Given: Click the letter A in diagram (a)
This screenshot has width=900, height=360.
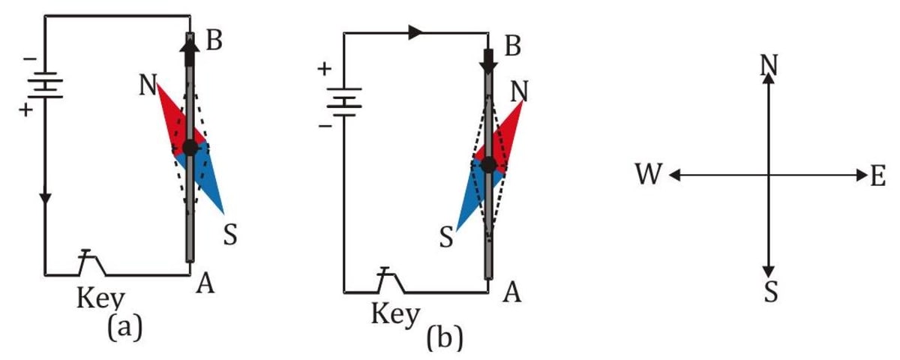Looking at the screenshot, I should [x=205, y=284].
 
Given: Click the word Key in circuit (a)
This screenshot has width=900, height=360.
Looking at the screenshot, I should [x=101, y=298].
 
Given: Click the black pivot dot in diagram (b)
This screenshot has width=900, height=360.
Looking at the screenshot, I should [x=489, y=165].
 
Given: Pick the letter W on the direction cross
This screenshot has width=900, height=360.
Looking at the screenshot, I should [x=649, y=175].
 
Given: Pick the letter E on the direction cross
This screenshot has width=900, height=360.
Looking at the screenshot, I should [x=878, y=176].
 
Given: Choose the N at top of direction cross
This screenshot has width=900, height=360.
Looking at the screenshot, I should [x=768, y=64].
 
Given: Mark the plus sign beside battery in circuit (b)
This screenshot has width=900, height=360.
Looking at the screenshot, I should [x=325, y=70].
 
